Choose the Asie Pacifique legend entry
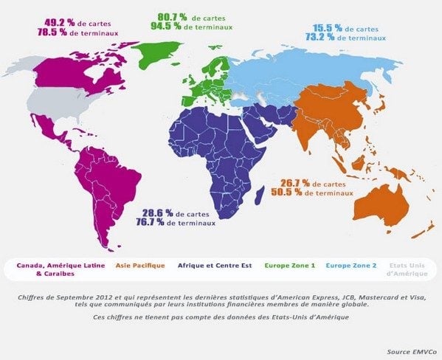pyautogui.click(x=141, y=265)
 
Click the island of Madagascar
pyautogui.click(x=260, y=195)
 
